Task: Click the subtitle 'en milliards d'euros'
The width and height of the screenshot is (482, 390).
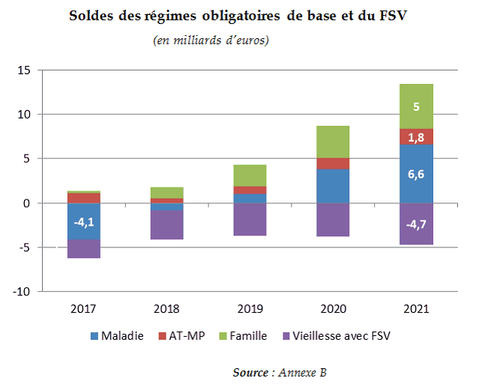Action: click(211, 40)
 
